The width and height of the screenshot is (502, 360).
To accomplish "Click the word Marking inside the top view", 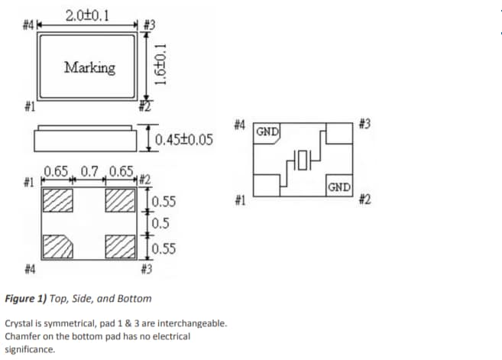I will coord(89,67).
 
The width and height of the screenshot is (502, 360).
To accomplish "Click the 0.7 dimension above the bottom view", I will coord(90,171).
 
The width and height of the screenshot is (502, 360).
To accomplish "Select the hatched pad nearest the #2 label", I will coord(119,200).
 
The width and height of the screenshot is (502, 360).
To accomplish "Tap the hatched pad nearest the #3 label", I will coord(119,246).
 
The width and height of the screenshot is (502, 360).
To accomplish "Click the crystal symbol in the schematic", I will coord(302,160).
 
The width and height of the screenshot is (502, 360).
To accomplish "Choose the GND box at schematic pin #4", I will coord(267,131).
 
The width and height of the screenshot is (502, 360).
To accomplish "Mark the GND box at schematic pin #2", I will coord(338,186).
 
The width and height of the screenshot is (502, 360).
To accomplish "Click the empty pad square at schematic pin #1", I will coord(266,186).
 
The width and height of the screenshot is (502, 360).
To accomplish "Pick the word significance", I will coord(29,349).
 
